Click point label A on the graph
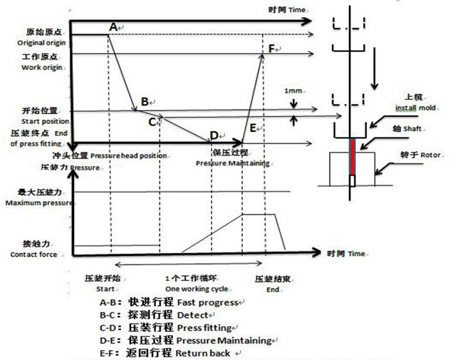coord(112,26)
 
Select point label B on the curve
coord(145,102)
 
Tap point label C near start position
coord(152,122)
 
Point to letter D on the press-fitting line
coord(213,136)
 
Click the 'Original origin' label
coord(36,43)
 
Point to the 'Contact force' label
coord(35,254)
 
